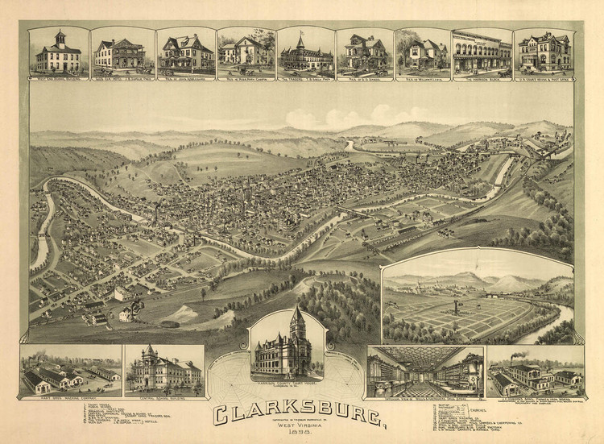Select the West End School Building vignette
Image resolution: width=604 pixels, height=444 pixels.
58,53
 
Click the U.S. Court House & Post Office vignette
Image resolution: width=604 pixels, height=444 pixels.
544,53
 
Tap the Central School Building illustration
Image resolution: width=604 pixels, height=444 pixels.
164,368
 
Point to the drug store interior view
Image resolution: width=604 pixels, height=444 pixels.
425,371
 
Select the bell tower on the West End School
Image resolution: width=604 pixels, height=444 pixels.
59,37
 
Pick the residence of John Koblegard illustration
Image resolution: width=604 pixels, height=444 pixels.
185,53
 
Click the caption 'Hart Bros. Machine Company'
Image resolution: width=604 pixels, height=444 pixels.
71,397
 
